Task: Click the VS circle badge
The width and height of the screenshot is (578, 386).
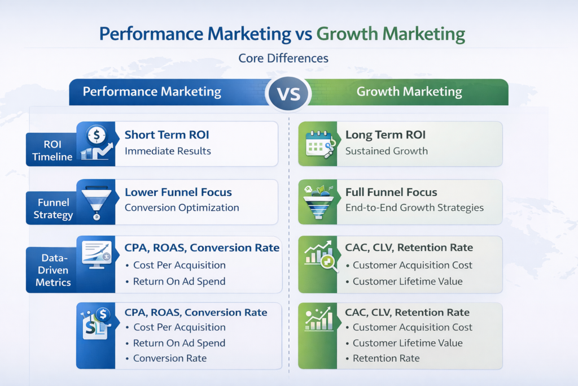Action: tap(289, 92)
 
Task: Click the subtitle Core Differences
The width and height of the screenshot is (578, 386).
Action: tap(283, 58)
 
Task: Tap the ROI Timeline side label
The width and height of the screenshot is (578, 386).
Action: tap(53, 149)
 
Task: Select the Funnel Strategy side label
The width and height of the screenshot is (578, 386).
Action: tap(53, 209)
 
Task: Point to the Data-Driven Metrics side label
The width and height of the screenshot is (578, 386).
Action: tap(53, 270)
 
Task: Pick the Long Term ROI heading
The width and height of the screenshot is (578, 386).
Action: tap(386, 135)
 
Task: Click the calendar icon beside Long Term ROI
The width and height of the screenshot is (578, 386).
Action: tap(318, 144)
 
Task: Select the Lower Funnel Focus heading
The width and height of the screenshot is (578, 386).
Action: tap(178, 192)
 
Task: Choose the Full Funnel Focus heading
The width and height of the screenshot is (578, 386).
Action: tap(391, 192)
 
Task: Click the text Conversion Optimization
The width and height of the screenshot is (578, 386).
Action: tap(182, 207)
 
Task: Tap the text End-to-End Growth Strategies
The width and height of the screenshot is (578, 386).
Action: tap(414, 207)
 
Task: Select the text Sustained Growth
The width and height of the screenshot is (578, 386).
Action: tap(387, 151)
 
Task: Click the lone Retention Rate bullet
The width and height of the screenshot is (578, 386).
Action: tap(386, 358)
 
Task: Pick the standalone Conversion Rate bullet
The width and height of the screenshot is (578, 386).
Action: tap(170, 358)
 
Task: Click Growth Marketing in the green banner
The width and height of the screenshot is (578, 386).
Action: tap(409, 92)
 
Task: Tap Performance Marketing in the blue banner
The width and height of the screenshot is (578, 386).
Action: tap(152, 92)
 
